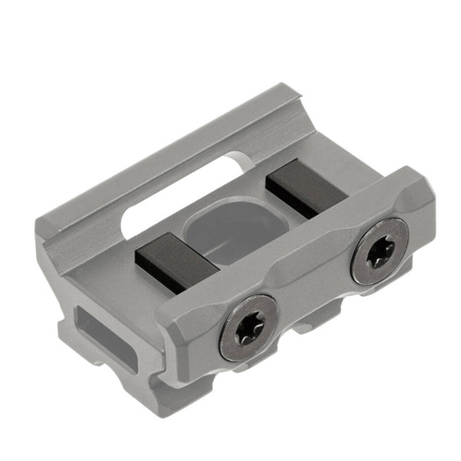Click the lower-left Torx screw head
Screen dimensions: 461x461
249,327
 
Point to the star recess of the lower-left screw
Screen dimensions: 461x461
250,326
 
